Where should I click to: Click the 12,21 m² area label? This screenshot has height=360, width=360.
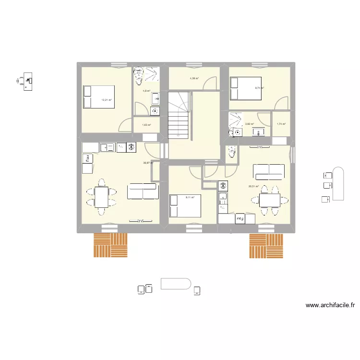(x=106, y=100)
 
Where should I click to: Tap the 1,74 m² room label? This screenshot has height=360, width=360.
(x=281, y=124)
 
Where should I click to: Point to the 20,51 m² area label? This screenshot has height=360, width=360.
(x=253, y=187)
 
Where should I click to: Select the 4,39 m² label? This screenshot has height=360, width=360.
(x=194, y=78)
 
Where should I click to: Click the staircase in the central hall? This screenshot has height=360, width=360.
(x=179, y=115)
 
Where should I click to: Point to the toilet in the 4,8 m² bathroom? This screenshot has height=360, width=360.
(x=139, y=72)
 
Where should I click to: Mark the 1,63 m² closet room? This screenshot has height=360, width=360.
(x=146, y=126)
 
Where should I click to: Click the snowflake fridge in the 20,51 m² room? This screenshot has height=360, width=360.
(x=223, y=186)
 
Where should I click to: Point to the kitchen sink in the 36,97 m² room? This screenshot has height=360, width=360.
(x=106, y=147)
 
